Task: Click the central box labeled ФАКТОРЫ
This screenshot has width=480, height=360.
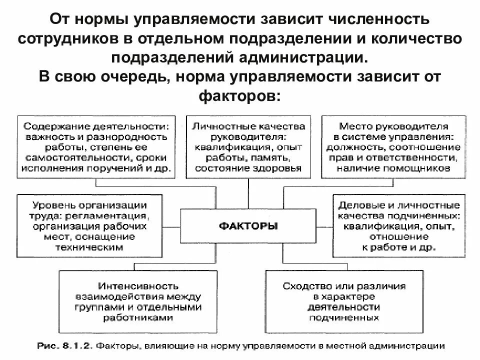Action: tap(248, 226)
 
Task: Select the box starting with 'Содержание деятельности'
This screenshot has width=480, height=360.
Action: tap(96, 147)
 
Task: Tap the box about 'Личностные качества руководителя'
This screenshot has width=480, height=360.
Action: tap(248, 147)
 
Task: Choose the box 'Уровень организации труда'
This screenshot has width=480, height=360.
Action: tap(89, 226)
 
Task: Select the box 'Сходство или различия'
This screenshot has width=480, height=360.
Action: tap(343, 302)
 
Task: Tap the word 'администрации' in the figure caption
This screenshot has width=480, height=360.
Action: tap(416, 345)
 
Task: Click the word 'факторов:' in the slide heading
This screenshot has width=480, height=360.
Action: tap(240, 94)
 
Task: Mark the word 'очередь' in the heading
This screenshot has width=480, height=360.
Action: tap(129, 76)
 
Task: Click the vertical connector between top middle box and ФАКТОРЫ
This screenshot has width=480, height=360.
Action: tap(248, 194)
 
